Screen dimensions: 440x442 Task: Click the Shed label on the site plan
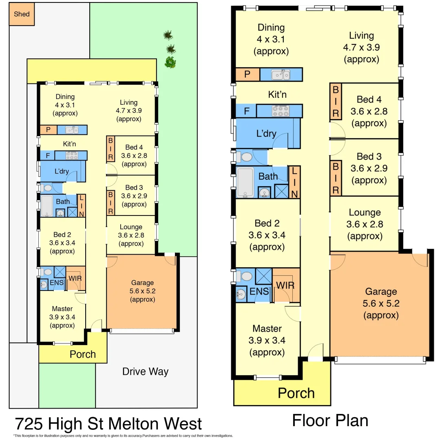pyautogui.click(x=22, y=14)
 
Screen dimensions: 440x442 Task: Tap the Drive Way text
pyautogui.click(x=145, y=372)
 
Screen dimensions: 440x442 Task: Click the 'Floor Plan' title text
pyautogui.click(x=330, y=420)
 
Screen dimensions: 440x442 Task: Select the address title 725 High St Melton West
pyautogui.click(x=108, y=424)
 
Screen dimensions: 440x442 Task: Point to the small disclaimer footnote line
pyautogui.click(x=123, y=436)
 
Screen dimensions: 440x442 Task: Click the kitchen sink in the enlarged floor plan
pyautogui.click(x=281, y=75)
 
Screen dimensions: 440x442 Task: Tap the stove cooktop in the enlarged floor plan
pyautogui.click(x=281, y=111)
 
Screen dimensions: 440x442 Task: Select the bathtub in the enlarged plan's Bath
pyautogui.click(x=245, y=182)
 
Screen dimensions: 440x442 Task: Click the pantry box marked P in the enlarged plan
pyautogui.click(x=248, y=75)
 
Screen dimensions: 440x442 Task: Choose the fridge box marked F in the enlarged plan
pyautogui.click(x=246, y=111)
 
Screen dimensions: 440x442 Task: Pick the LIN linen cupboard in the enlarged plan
pyautogui.click(x=294, y=182)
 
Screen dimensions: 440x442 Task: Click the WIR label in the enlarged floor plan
pyautogui.click(x=285, y=285)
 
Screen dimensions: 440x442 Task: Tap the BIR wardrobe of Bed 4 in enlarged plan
pyautogui.click(x=336, y=101)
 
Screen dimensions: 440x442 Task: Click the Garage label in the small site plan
pyautogui.click(x=142, y=283)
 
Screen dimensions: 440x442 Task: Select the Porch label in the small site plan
pyautogui.click(x=83, y=354)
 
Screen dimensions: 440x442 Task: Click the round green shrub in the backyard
pyautogui.click(x=170, y=62)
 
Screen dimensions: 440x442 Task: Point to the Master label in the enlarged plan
pyautogui.click(x=267, y=328)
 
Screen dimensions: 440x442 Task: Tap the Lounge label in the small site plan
pyautogui.click(x=131, y=227)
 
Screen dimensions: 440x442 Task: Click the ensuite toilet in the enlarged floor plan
pyautogui.click(x=246, y=277)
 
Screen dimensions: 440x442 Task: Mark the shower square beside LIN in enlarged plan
pyautogui.click(x=281, y=191)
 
